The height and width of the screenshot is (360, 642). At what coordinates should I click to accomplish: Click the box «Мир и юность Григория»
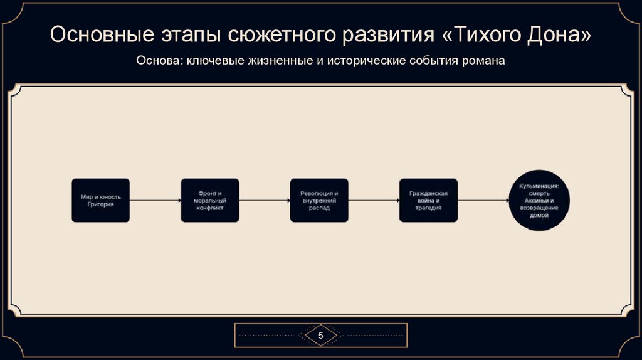100,200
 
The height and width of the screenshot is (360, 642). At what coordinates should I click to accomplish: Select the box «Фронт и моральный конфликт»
210,200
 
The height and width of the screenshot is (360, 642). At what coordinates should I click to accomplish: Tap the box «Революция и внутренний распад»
319,200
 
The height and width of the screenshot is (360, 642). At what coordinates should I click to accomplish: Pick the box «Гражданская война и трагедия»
428,200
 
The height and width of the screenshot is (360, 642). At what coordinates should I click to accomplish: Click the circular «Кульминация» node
539,200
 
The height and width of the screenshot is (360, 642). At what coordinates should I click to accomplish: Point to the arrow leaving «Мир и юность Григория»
155,200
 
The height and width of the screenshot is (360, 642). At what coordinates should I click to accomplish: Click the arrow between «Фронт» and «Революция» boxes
264,200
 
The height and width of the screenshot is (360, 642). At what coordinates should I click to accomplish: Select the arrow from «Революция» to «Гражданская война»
373,200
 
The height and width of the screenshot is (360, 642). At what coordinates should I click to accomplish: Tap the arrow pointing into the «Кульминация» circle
483,200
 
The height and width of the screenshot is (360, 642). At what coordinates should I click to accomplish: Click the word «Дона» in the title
554,36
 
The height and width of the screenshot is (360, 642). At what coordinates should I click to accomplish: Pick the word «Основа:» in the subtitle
157,61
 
